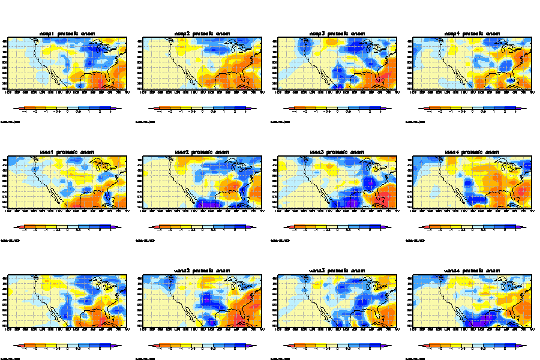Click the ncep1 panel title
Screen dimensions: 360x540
pyautogui.click(x=68, y=33)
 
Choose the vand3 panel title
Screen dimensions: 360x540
pyautogui.click(x=338, y=271)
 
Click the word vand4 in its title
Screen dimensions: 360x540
pyautogui.click(x=452, y=271)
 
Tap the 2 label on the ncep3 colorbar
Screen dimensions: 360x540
pyautogui.click(x=370, y=112)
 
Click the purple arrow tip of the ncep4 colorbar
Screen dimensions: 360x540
pyautogui.click(x=525, y=109)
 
